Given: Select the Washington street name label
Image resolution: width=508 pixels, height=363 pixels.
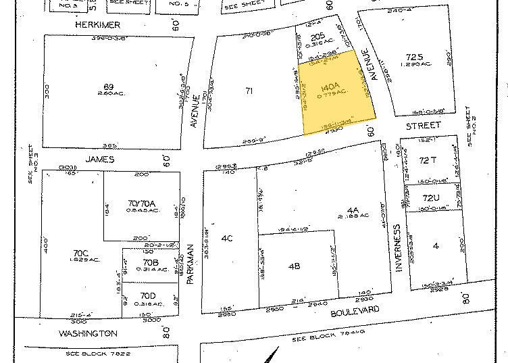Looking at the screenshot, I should tap(88, 333).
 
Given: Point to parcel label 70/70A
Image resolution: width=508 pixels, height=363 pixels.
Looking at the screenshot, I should tap(142, 203).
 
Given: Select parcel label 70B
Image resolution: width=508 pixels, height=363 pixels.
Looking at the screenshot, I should tap(150, 262).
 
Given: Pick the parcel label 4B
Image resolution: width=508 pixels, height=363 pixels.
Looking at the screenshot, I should tap(294, 266).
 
